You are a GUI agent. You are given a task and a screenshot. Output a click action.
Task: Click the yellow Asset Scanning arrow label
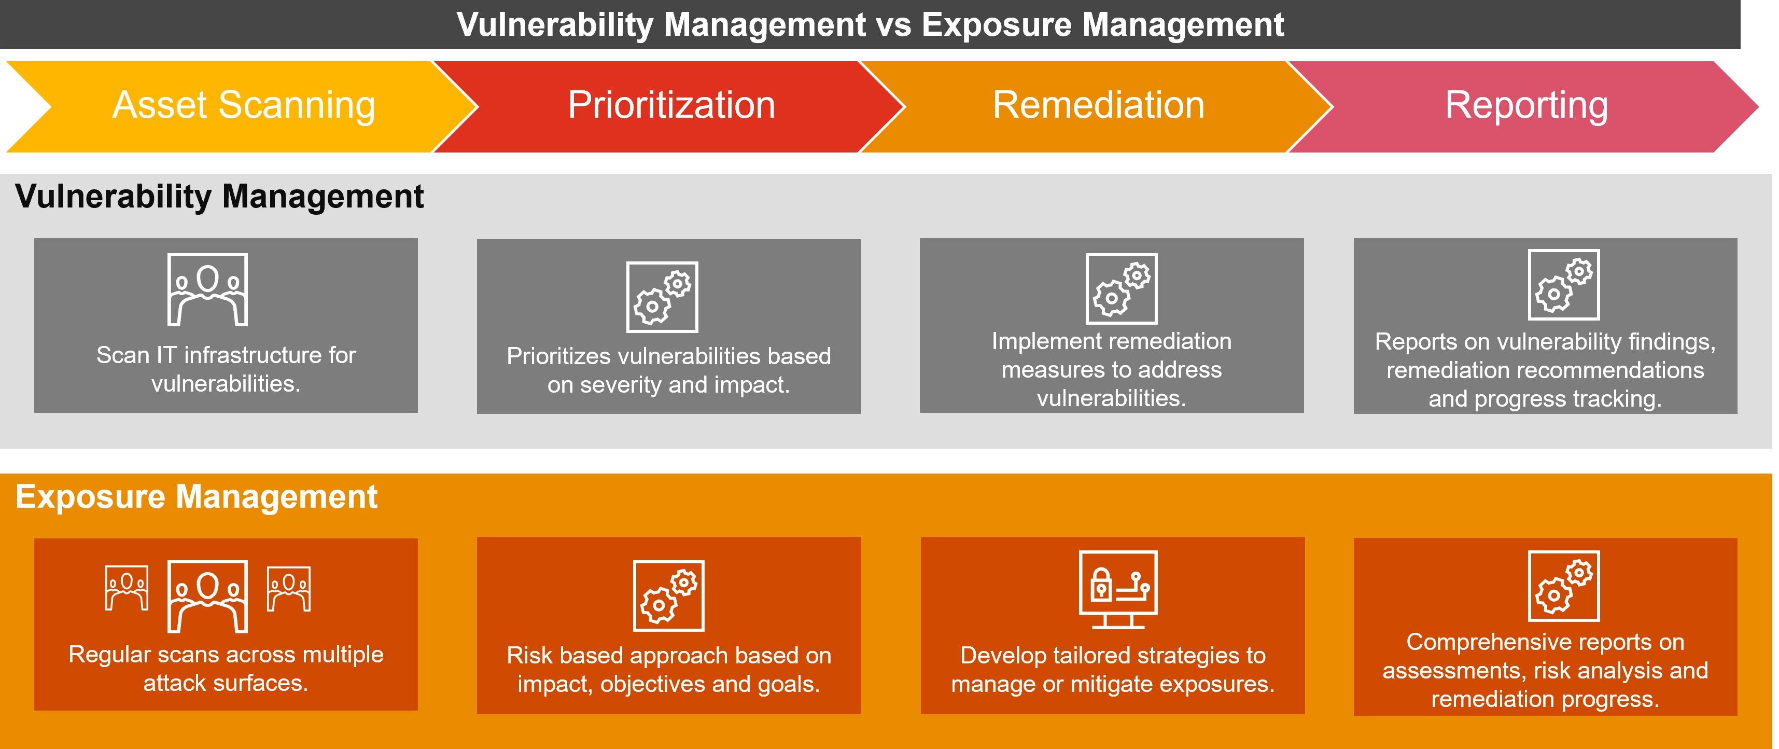244,106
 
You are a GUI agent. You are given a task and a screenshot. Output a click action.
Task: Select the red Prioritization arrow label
671,106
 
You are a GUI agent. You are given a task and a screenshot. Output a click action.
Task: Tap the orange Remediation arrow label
1098,106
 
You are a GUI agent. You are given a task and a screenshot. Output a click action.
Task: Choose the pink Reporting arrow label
1526,106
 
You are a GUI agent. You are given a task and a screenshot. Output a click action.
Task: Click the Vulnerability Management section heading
219,196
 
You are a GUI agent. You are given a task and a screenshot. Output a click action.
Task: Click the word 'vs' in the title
893,25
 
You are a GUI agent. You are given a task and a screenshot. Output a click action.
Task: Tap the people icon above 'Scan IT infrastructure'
207,289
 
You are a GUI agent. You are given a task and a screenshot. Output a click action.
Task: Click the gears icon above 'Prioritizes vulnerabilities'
662,297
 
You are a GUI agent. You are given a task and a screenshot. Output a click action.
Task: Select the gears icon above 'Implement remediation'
1121,289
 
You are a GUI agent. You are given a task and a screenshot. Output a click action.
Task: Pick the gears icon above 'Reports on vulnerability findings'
1563,285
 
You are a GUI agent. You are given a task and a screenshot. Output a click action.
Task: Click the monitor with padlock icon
1118,589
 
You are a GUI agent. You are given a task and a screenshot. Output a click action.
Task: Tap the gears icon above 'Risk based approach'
668,595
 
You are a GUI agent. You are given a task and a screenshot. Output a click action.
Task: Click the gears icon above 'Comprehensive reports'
1563,586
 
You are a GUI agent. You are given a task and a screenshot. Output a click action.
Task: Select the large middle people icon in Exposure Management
207,597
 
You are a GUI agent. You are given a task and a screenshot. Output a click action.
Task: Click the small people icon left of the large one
127,588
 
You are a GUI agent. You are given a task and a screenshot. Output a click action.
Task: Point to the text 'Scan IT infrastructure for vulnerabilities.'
226,369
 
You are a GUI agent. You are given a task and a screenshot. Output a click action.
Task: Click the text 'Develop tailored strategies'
1113,655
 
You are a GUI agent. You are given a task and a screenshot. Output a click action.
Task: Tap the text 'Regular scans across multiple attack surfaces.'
226,668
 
